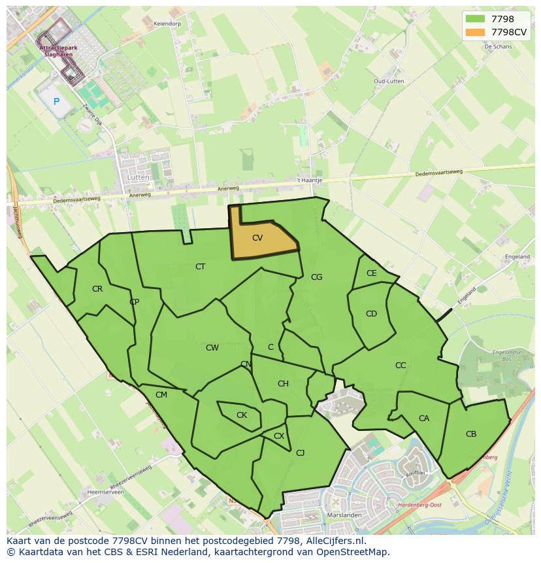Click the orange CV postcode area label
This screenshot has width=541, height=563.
click(x=257, y=238)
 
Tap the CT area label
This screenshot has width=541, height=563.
click(x=201, y=267)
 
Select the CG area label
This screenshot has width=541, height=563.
click(x=316, y=277)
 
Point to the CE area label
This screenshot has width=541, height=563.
click(x=372, y=273)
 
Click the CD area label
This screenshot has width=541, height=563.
click(x=371, y=314)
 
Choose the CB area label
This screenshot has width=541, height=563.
click(x=471, y=434)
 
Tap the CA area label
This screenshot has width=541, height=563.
click(x=424, y=418)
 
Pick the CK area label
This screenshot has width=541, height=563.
click(x=242, y=415)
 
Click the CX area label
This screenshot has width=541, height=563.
click(x=279, y=436)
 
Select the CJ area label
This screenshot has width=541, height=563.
click(x=301, y=452)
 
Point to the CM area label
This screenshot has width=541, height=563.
click(x=161, y=395)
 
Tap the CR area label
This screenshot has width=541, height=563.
click(x=97, y=289)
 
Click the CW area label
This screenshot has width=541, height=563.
click(x=212, y=348)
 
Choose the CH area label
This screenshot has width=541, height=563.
click(x=283, y=384)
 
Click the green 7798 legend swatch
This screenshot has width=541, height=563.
click(x=475, y=18)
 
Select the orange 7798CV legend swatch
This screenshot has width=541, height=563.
click(x=475, y=31)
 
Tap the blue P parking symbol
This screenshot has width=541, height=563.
click(x=56, y=101)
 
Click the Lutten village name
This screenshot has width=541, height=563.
click(x=139, y=177)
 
